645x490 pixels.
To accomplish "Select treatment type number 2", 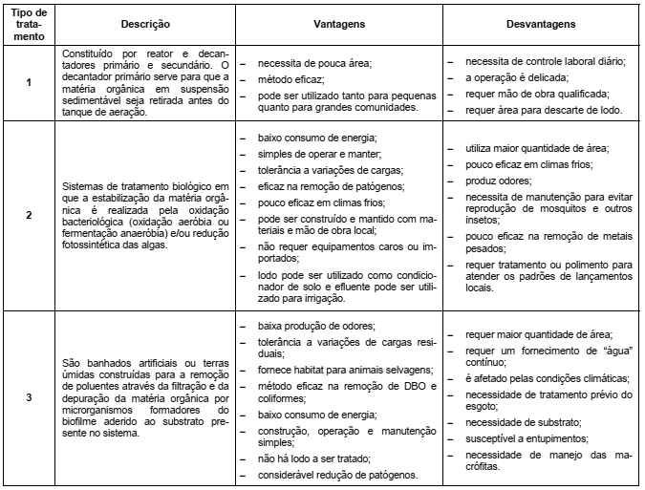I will click(x=29, y=217).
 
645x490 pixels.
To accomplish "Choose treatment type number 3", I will click(x=29, y=398).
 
